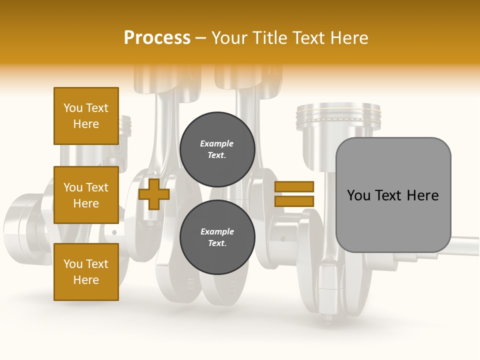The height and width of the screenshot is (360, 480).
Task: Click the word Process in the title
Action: (x=157, y=38)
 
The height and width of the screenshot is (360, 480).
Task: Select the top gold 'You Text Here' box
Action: (x=86, y=116)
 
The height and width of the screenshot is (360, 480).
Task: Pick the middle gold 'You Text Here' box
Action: (x=86, y=195)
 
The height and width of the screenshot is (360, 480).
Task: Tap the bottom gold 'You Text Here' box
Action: (x=86, y=271)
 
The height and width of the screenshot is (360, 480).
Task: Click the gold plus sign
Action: (x=153, y=194)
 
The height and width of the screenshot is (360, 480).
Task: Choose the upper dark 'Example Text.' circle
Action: (x=217, y=149)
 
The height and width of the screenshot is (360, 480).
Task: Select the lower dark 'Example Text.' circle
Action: (x=217, y=237)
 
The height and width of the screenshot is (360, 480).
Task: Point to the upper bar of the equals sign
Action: (x=294, y=186)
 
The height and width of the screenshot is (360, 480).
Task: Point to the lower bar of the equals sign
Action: (x=294, y=201)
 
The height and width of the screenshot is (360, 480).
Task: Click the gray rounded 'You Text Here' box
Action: (x=393, y=195)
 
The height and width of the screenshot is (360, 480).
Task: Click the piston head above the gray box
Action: (x=338, y=117)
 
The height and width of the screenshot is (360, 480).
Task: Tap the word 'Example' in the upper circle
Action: (x=217, y=143)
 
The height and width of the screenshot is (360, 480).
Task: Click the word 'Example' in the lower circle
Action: (x=217, y=231)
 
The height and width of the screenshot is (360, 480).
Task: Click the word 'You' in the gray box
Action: (x=358, y=195)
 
